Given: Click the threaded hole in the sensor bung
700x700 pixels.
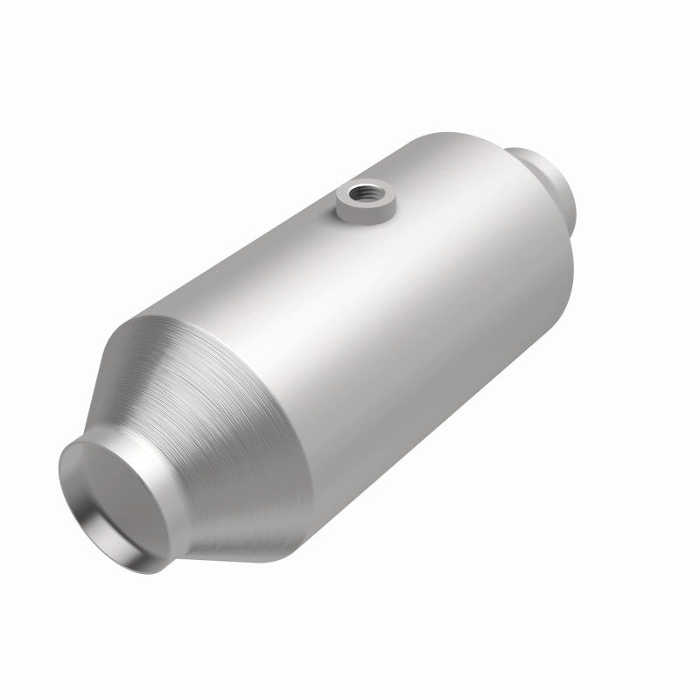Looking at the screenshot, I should (360, 190).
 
